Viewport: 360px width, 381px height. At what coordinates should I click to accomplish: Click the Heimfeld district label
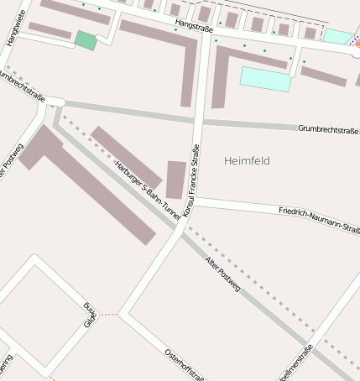click(x=248, y=160)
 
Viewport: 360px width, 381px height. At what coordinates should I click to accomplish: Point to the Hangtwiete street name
click(x=12, y=24)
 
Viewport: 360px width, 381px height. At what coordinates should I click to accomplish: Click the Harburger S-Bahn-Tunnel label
click(x=149, y=189)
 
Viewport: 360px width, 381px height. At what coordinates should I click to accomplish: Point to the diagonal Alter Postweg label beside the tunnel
click(x=222, y=274)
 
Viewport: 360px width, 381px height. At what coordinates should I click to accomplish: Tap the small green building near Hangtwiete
click(x=86, y=39)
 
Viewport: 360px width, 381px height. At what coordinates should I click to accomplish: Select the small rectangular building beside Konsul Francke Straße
click(x=175, y=180)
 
